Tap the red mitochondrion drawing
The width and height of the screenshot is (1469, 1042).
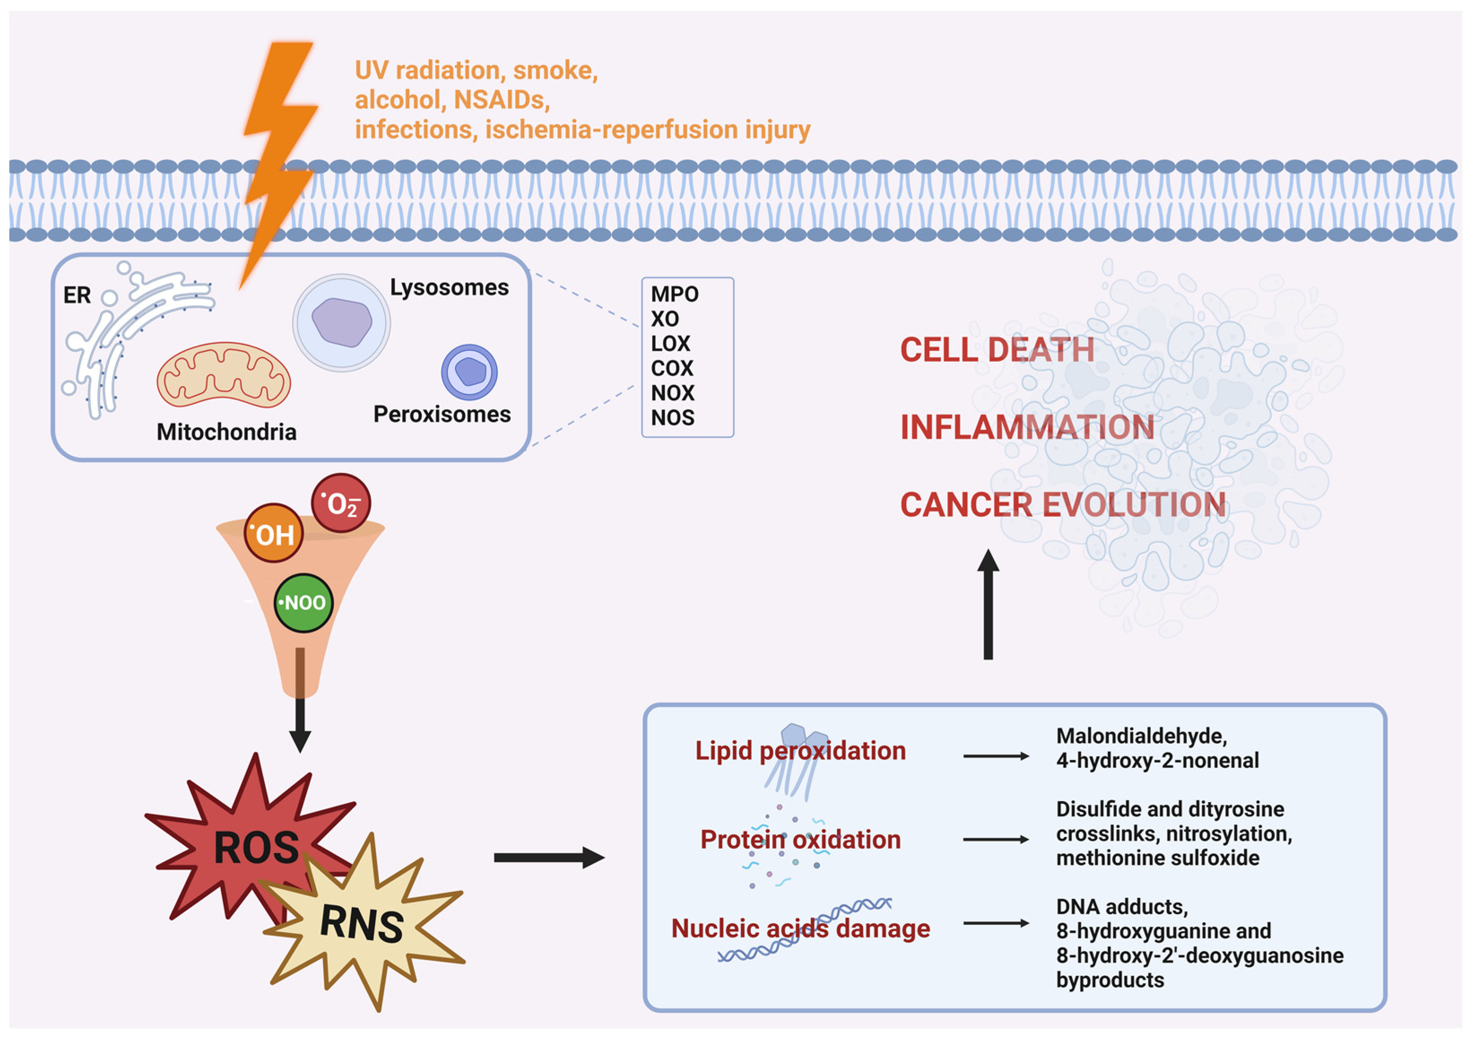coord(223,375)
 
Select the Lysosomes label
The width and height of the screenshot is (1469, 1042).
coord(449,287)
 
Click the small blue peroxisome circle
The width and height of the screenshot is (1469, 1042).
coord(469,372)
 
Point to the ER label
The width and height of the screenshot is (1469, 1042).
coord(77,295)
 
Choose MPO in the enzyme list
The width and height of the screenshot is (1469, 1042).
coord(674,294)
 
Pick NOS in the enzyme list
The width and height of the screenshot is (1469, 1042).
coord(672,418)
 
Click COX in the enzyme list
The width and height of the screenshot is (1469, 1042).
coord(672,368)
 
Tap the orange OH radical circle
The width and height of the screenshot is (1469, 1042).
coord(274,533)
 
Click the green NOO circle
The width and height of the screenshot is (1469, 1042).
coord(303,603)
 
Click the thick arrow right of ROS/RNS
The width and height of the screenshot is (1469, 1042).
coord(549,857)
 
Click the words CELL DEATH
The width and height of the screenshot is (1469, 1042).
coord(997,350)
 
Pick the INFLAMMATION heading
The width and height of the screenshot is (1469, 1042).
coord(1027,427)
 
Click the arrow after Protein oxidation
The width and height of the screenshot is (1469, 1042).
coord(996,839)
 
